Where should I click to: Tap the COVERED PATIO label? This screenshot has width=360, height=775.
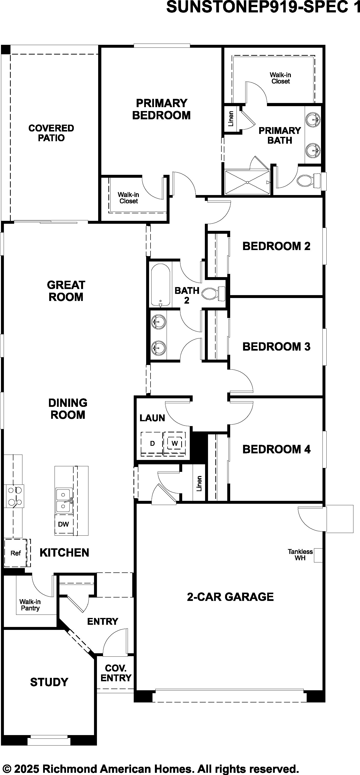pyautogui.click(x=51, y=133)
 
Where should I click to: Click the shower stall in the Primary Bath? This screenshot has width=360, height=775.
pyautogui.click(x=247, y=182)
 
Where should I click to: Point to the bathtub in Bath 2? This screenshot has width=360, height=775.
pyautogui.click(x=161, y=285)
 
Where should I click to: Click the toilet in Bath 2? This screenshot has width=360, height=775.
pyautogui.click(x=213, y=294)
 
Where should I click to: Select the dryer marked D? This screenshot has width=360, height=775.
pyautogui.click(x=152, y=443)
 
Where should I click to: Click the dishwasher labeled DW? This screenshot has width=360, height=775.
pyautogui.click(x=64, y=524)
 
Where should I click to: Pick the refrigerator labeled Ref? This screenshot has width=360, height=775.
pyautogui.click(x=15, y=553)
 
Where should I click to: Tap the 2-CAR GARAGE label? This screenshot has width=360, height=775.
pyautogui.click(x=230, y=597)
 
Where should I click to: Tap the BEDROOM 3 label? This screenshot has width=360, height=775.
pyautogui.click(x=276, y=346)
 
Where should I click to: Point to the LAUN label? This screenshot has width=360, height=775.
pyautogui.click(x=152, y=418)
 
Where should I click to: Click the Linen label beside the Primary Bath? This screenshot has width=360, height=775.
pyautogui.click(x=231, y=119)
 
